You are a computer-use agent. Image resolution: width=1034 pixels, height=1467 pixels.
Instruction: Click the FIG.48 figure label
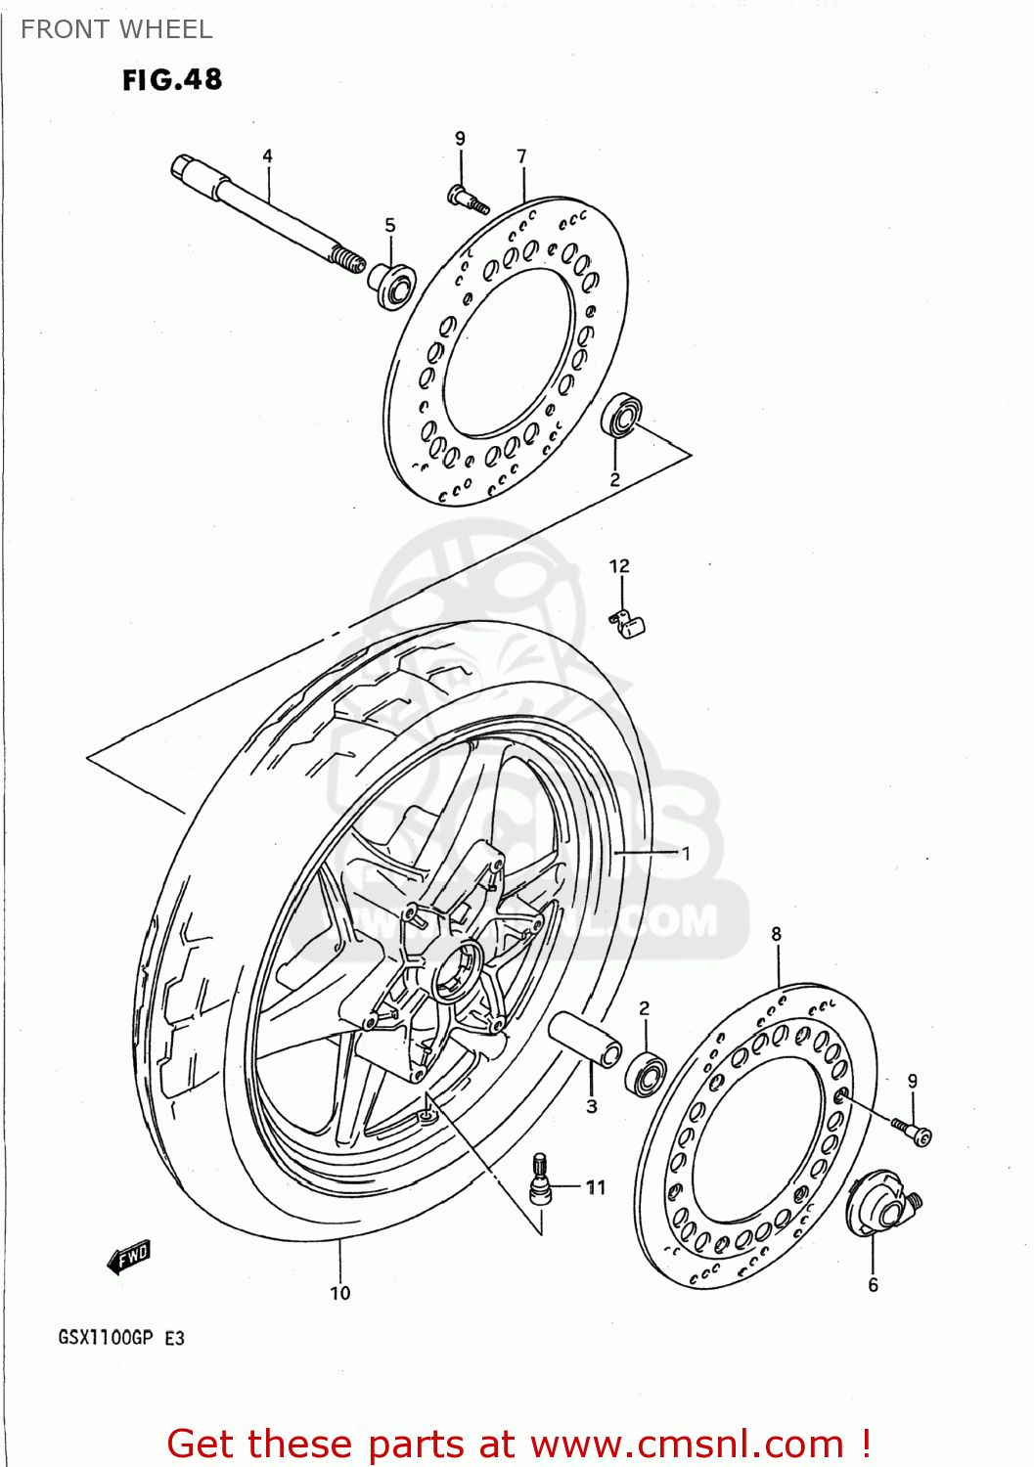click(x=172, y=79)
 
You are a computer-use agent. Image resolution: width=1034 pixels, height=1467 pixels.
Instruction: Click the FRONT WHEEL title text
click(x=116, y=29)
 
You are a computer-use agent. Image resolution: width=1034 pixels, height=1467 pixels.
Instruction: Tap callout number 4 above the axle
click(x=267, y=156)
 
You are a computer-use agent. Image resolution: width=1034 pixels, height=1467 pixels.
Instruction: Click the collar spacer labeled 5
click(x=392, y=285)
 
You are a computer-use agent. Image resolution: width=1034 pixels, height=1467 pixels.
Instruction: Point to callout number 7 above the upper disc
click(x=521, y=156)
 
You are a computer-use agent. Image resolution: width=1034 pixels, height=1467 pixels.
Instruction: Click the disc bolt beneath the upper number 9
click(x=469, y=200)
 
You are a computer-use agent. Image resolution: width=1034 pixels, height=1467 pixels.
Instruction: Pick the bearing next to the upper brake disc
click(x=620, y=416)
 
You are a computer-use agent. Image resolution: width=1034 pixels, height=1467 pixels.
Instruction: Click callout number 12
click(x=619, y=566)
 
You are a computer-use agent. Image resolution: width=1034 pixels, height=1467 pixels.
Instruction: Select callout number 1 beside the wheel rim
click(x=686, y=853)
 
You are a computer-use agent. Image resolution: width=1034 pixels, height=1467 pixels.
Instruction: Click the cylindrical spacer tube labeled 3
click(x=584, y=1041)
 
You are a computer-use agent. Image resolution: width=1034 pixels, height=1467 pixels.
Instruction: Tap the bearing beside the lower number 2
click(x=647, y=1073)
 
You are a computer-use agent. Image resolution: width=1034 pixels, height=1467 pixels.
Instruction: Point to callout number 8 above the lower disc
click(x=777, y=934)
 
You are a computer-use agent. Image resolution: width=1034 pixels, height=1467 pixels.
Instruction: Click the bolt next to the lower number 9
click(x=914, y=1132)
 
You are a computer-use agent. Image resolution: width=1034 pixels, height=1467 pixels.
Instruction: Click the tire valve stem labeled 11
click(x=539, y=1178)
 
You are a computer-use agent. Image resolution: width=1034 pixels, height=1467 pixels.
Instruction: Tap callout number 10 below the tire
click(x=339, y=1293)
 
